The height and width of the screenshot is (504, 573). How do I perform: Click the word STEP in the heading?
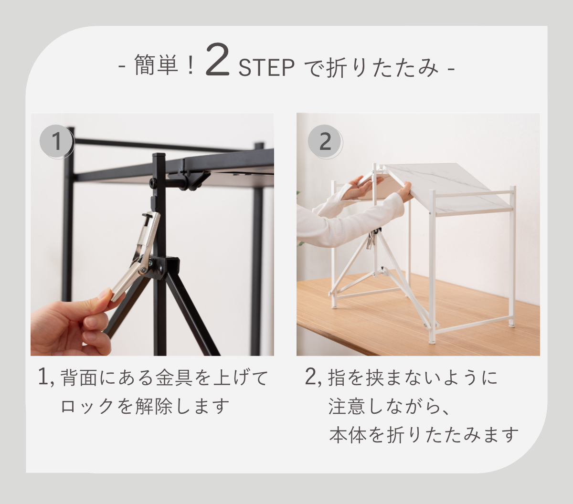click(x=266, y=68)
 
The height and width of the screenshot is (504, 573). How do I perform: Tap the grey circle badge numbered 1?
click(x=57, y=141)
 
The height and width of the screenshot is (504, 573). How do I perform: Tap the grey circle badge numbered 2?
click(x=325, y=141)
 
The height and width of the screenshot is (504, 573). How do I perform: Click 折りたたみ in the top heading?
click(x=382, y=68)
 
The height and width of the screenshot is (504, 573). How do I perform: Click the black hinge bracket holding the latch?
click(x=165, y=267)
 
